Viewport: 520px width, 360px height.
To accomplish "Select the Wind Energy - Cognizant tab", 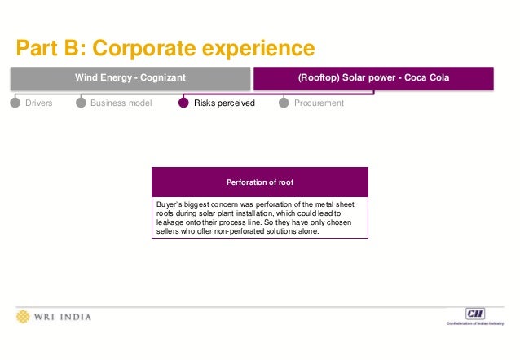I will click(x=130, y=77).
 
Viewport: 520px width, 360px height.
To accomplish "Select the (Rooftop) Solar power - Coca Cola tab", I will click(x=374, y=77).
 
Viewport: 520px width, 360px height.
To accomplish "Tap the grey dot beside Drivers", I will click(x=15, y=103).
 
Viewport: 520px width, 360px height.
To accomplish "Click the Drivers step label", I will click(x=38, y=103).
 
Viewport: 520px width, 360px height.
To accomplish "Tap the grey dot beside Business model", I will click(x=81, y=103).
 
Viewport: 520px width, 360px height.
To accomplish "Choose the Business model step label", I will click(x=121, y=103).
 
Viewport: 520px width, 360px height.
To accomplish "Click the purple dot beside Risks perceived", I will click(x=183, y=103).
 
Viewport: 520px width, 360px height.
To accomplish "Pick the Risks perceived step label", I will click(x=224, y=103).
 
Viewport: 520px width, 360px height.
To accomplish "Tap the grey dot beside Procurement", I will click(x=284, y=103).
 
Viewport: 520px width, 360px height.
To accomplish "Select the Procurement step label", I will click(x=319, y=103).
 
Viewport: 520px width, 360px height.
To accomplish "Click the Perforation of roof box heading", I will click(x=259, y=182).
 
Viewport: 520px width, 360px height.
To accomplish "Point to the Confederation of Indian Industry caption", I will click(x=474, y=324).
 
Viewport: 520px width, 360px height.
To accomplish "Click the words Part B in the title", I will click(x=48, y=47).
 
